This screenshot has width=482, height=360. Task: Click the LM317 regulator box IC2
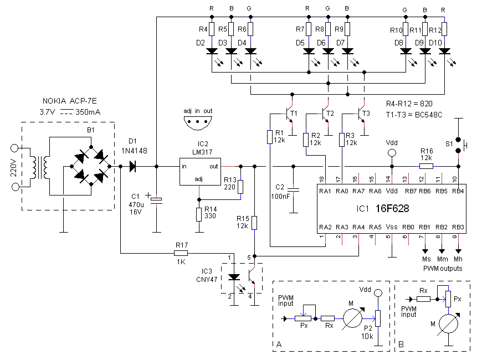tap(200, 172)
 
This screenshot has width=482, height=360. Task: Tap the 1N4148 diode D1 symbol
tap(133, 166)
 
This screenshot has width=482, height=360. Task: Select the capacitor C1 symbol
tap(156, 200)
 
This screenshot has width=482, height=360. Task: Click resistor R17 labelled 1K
tap(181, 253)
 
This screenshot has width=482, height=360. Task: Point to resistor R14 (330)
tap(199, 214)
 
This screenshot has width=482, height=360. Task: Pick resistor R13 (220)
tap(240, 187)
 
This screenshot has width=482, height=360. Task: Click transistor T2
tap(325, 115)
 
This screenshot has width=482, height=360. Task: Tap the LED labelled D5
tap(309, 51)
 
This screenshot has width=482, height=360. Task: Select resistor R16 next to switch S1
tap(427, 166)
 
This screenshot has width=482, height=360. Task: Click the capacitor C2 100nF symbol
tap(294, 190)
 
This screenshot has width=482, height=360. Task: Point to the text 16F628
tap(392, 209)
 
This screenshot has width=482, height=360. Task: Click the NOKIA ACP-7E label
tap(69, 101)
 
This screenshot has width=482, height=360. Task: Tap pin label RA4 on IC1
tap(358, 227)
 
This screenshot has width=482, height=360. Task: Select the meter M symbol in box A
tap(353, 318)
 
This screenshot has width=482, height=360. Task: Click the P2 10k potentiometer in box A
tap(378, 318)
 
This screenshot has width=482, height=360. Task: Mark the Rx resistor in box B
tap(423, 299)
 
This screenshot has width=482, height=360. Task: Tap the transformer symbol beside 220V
tap(39, 168)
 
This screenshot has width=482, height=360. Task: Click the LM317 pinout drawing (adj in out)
tap(198, 123)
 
